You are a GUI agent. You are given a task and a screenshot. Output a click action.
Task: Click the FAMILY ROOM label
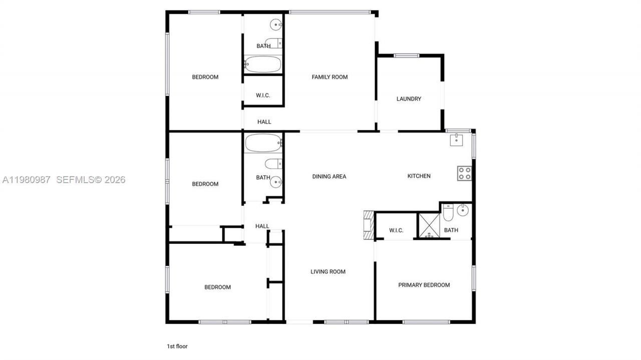coord(330,77)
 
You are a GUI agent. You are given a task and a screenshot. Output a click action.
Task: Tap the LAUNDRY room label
coord(409,99)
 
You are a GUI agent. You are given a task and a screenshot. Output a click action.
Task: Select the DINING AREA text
coord(329,176)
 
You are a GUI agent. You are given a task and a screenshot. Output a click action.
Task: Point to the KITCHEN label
coord(419,176)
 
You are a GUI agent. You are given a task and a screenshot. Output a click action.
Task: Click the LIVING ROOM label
coord(328,272)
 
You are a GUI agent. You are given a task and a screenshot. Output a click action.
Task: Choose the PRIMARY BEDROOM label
coord(424,285)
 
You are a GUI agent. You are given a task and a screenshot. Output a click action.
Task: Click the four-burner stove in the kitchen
coord(464,173)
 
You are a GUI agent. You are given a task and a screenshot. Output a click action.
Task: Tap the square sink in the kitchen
coord(456,140)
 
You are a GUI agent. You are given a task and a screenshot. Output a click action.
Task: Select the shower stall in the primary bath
coord(429,225)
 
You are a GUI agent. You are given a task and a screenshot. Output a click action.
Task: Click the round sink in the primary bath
coord(464,210)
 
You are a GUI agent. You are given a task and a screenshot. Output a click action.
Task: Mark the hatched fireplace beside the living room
coord(369,225)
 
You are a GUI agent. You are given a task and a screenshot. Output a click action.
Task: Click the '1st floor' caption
coord(177,346)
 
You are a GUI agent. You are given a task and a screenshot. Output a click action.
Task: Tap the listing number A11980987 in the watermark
coord(26,180)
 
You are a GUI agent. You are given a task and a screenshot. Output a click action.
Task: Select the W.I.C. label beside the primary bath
coord(396,230)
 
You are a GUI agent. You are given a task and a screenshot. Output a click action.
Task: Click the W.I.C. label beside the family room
coord(263,95)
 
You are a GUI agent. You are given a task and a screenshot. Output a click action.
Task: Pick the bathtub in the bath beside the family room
coord(263,64)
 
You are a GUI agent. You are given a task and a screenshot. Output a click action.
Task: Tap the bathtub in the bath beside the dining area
coord(263,143)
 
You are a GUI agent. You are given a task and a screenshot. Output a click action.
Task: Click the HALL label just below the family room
coord(264,122)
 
